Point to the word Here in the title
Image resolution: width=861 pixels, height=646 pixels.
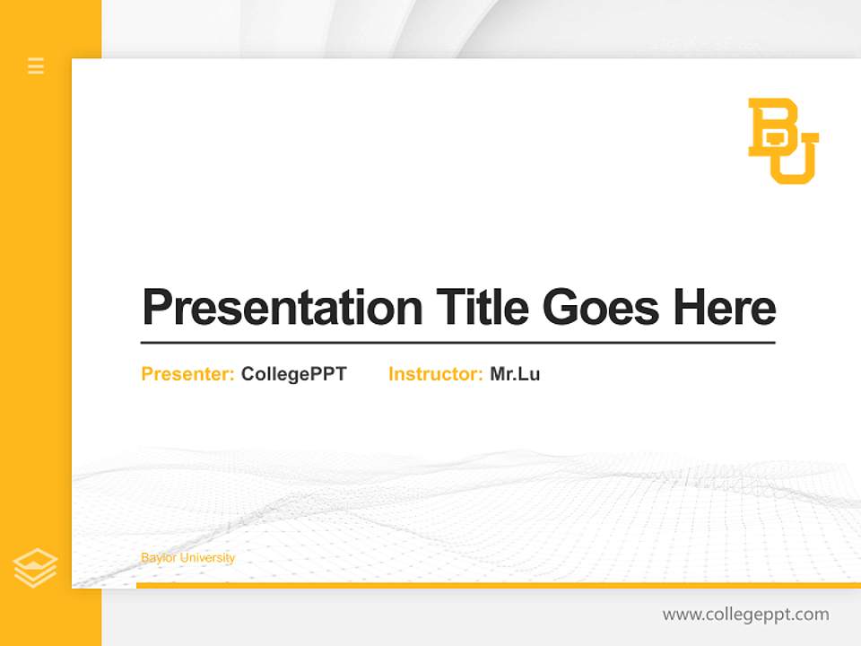click(725, 308)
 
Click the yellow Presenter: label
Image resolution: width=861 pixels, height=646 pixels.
click(187, 374)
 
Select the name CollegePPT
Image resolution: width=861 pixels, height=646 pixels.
click(293, 374)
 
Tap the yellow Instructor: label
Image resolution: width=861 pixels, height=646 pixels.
click(435, 374)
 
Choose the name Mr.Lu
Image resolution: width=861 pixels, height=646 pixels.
click(515, 374)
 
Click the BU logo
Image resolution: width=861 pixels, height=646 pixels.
click(783, 141)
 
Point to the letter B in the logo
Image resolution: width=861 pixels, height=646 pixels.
click(770, 126)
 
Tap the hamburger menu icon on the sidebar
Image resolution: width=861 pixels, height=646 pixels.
click(36, 65)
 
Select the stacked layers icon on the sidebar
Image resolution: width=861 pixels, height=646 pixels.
click(35, 568)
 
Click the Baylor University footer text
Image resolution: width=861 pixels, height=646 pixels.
click(187, 558)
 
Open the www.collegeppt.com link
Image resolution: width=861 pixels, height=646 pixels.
click(745, 615)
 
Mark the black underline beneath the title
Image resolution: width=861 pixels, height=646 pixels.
click(457, 343)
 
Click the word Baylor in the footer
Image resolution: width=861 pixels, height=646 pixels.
click(159, 558)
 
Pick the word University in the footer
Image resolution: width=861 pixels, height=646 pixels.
click(207, 558)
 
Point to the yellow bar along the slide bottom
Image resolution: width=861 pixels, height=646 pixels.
click(498, 585)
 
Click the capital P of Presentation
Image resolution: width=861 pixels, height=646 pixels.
click(156, 308)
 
